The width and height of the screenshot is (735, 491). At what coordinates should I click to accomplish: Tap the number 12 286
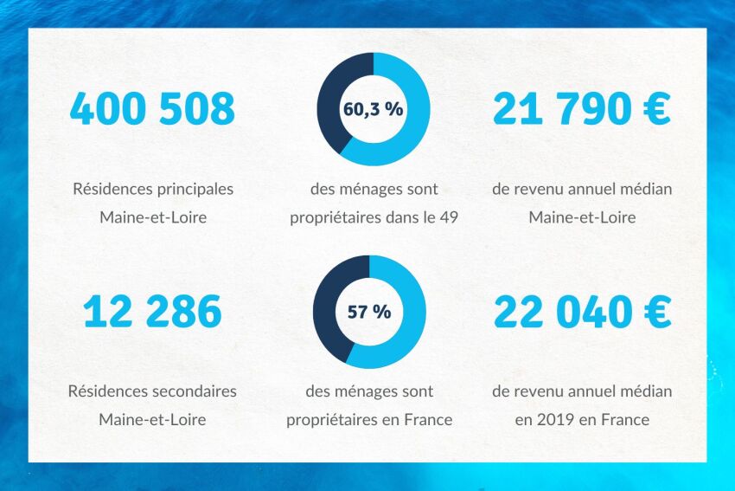tap(152, 312)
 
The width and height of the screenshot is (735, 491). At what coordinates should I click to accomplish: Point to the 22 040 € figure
tap(581, 312)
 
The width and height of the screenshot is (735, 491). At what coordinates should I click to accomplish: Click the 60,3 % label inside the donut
tap(374, 110)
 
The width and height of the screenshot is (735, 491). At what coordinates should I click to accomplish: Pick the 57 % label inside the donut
tap(369, 312)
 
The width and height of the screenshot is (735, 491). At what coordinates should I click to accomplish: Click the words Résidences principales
tap(153, 189)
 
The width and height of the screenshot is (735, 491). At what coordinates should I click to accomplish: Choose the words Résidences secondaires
tap(152, 391)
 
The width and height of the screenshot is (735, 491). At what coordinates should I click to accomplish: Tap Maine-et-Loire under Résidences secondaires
tap(152, 420)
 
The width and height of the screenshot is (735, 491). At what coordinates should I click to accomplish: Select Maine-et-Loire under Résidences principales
tap(153, 217)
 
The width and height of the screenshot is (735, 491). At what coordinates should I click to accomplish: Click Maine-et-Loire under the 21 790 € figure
tap(582, 217)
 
